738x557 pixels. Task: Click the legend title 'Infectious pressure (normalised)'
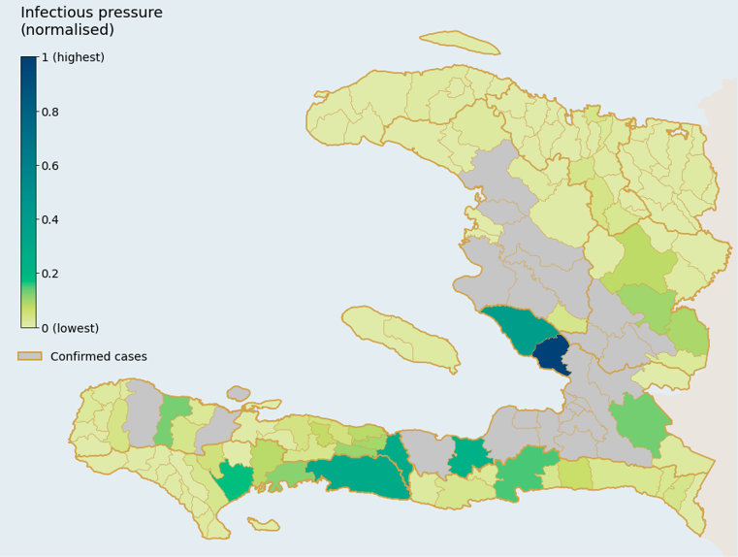(x=91, y=21)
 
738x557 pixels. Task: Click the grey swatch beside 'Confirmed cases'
(x=30, y=356)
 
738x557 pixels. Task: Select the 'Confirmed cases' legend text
(x=99, y=356)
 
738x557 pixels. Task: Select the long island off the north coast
(x=460, y=42)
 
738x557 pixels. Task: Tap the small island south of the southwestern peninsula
(x=264, y=524)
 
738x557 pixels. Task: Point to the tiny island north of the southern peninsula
(x=239, y=393)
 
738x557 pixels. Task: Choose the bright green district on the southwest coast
(x=235, y=478)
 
